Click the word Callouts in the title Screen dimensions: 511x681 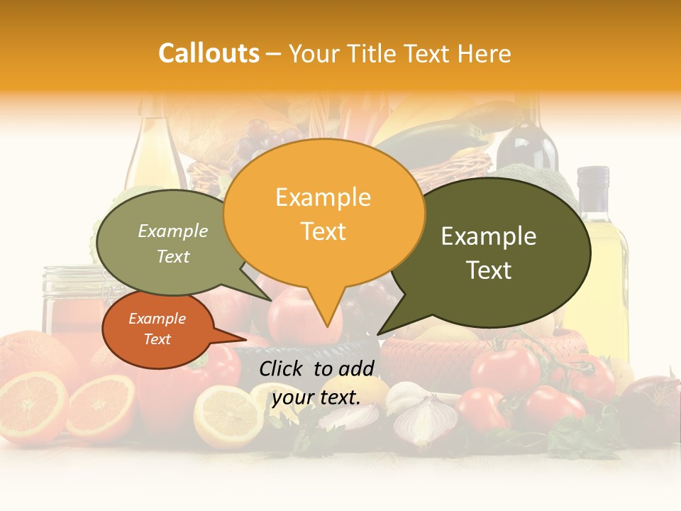(x=209, y=53)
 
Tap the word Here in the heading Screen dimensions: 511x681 (x=484, y=53)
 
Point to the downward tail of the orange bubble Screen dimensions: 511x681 (x=326, y=312)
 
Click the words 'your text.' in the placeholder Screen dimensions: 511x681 (x=316, y=397)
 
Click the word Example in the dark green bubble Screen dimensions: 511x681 (x=489, y=236)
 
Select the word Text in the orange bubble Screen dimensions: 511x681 (x=323, y=231)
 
